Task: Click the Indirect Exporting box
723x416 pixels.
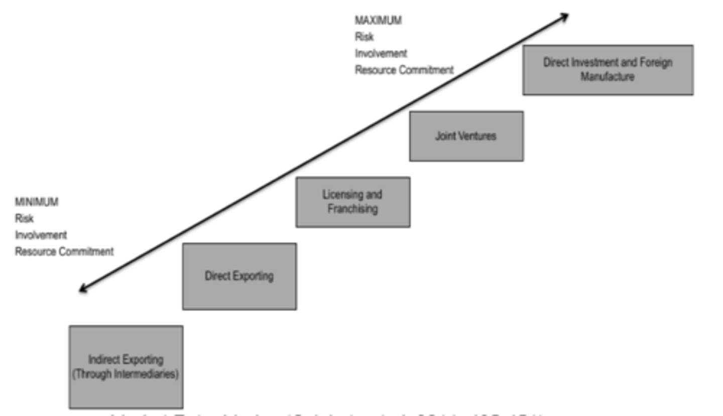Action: coord(126,367)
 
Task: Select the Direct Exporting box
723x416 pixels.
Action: coord(239,276)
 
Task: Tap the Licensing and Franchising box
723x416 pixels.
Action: coord(353,202)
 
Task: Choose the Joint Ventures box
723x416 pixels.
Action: coord(466,136)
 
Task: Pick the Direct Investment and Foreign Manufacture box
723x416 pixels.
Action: coord(608,70)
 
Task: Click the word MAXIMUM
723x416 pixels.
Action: coord(378,21)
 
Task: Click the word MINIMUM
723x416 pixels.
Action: coord(37,202)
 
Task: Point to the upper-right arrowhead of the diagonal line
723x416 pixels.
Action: coord(565,16)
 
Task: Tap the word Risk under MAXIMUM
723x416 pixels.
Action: coord(364,37)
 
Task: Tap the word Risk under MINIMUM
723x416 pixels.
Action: coord(24,219)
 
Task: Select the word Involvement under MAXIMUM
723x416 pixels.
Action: coord(381,54)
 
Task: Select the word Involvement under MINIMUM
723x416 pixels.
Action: coord(41,235)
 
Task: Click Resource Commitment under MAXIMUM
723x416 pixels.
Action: coord(404,70)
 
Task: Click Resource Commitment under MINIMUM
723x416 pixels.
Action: coord(64,252)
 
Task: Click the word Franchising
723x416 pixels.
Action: coord(352,209)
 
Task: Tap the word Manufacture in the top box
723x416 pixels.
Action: coord(608,77)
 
